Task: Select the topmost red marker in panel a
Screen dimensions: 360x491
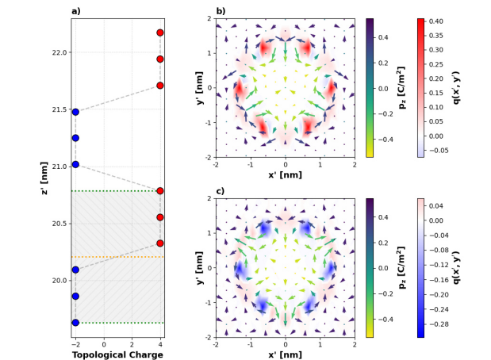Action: click(x=160, y=33)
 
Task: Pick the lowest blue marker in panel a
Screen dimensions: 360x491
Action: click(x=75, y=323)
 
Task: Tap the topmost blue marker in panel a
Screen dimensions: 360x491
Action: click(x=75, y=112)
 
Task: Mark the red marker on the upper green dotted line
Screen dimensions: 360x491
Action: click(x=160, y=191)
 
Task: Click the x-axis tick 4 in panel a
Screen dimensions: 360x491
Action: click(x=160, y=345)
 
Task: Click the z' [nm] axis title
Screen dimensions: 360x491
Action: click(x=45, y=178)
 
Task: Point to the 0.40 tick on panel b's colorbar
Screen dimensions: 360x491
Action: click(x=438, y=21)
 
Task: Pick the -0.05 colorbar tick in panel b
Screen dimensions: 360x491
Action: click(x=440, y=150)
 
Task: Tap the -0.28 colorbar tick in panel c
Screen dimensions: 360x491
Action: click(x=440, y=324)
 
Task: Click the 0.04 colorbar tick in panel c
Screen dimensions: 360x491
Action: click(x=438, y=205)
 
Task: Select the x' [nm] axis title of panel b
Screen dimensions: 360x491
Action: click(x=285, y=174)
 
